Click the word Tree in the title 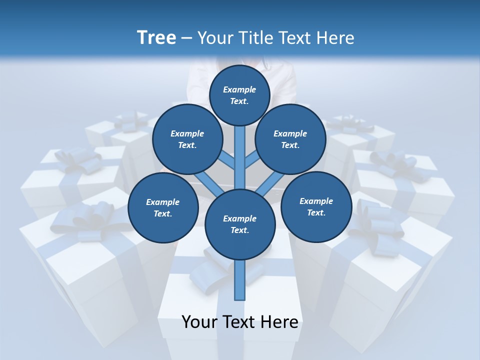coord(156,38)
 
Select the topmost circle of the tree coord(239,95)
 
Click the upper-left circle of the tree coord(187,139)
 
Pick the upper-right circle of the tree coord(290,139)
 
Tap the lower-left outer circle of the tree coord(162,207)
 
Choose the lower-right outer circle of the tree coord(316,206)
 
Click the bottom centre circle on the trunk coord(240,224)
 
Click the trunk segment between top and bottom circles coord(240,157)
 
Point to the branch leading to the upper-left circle coord(226,161)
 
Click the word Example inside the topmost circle coord(239,90)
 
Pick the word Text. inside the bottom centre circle coord(239,230)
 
